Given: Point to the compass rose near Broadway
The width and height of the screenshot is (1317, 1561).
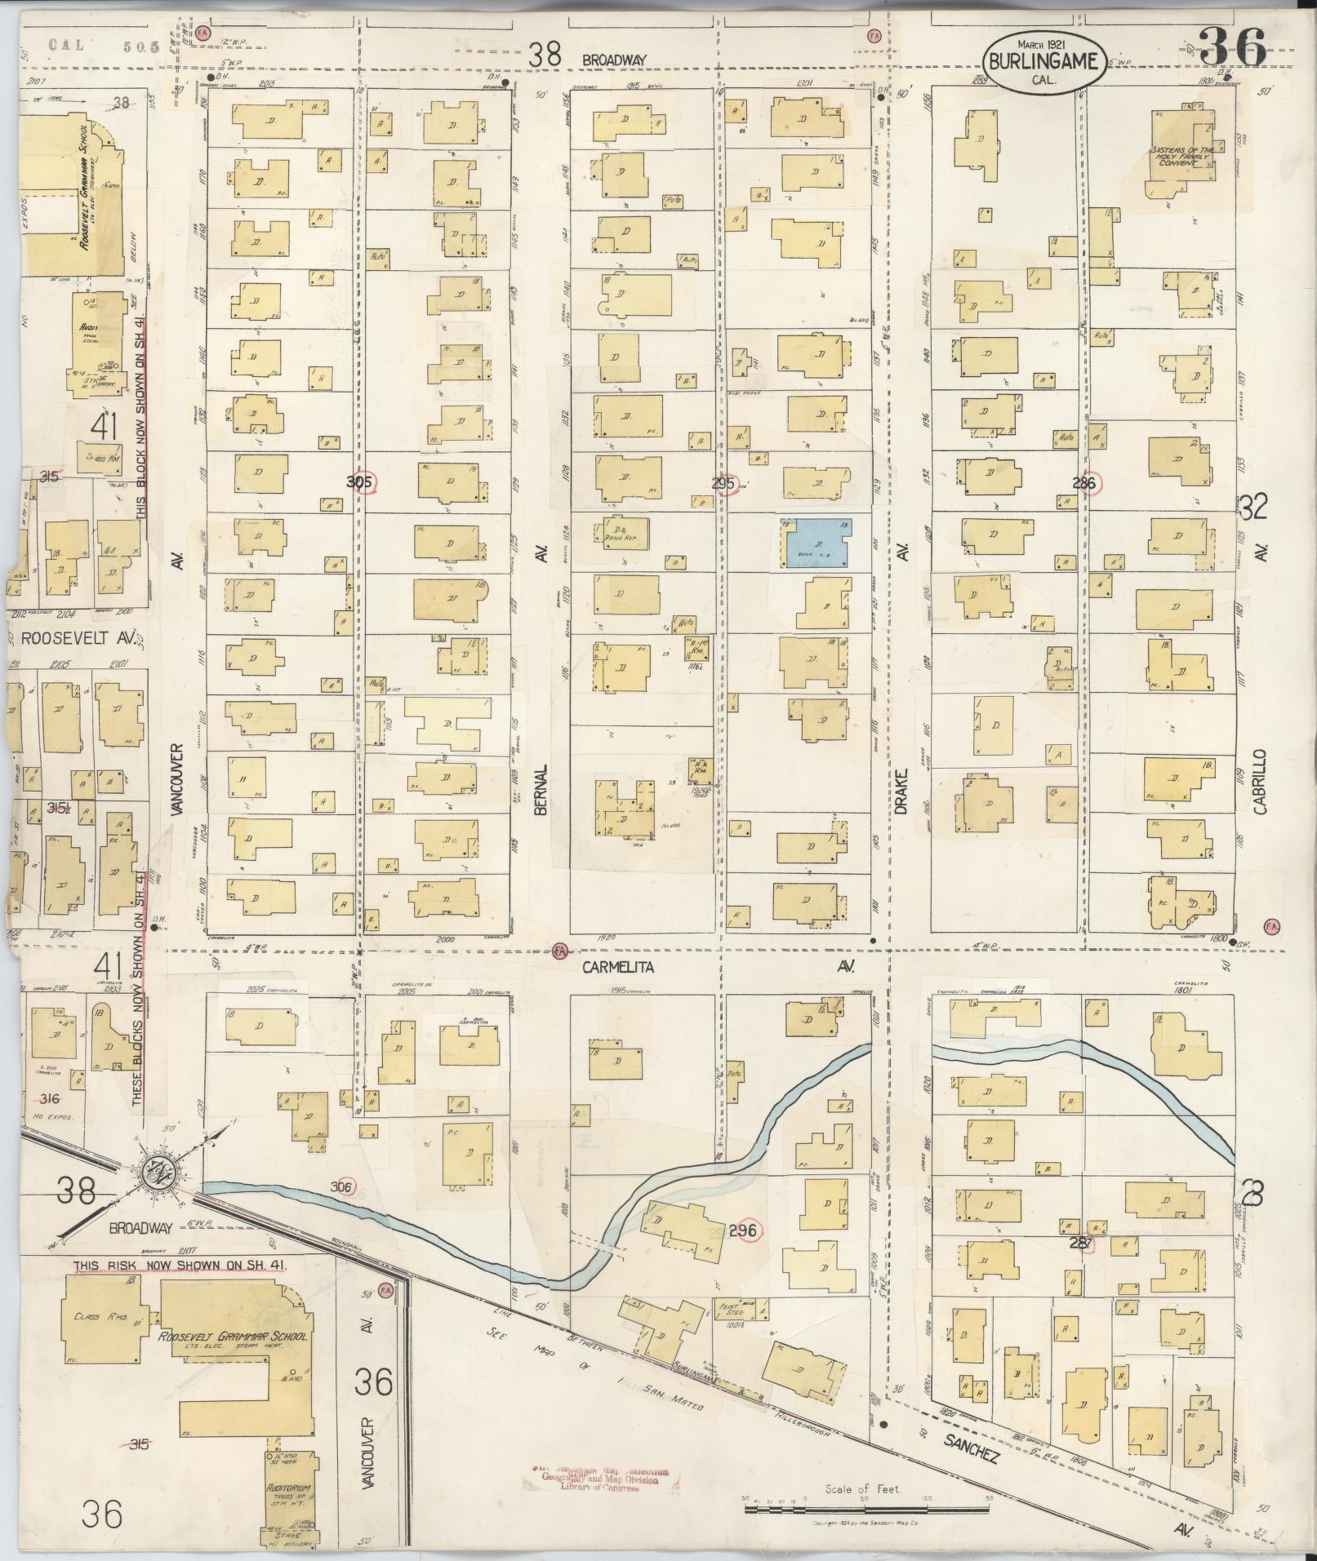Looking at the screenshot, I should tap(158, 1173).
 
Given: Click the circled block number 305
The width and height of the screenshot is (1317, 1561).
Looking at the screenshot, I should tap(360, 482).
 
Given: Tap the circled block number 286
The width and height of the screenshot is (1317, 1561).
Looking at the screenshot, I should tap(1088, 482).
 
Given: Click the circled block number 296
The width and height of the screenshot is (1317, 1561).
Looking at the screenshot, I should tap(745, 1230).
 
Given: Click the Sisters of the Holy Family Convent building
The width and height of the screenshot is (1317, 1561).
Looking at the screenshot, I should tap(1184, 155).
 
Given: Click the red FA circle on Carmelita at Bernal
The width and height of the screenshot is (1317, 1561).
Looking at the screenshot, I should tap(559, 951).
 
